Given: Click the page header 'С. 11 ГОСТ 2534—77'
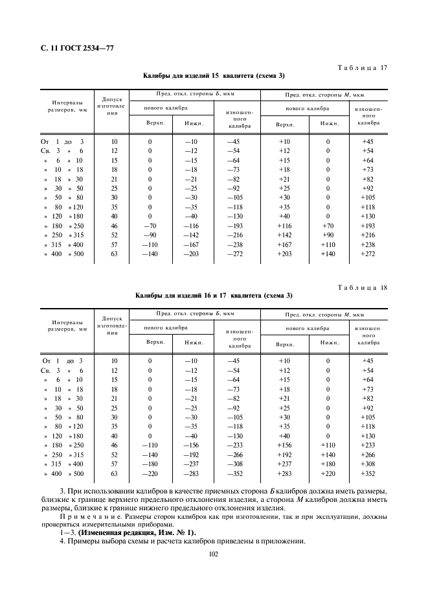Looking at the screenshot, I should (x=73, y=45).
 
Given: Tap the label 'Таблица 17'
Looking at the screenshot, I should (x=363, y=68).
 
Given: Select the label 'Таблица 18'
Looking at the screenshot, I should (x=363, y=287).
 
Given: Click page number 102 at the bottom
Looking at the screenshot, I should (x=214, y=554).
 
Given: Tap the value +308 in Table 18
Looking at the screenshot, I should (x=368, y=464).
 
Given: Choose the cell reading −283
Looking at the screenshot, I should (x=190, y=475).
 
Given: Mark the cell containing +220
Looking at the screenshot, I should (x=328, y=475).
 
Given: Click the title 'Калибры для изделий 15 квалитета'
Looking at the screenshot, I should (x=214, y=77).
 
